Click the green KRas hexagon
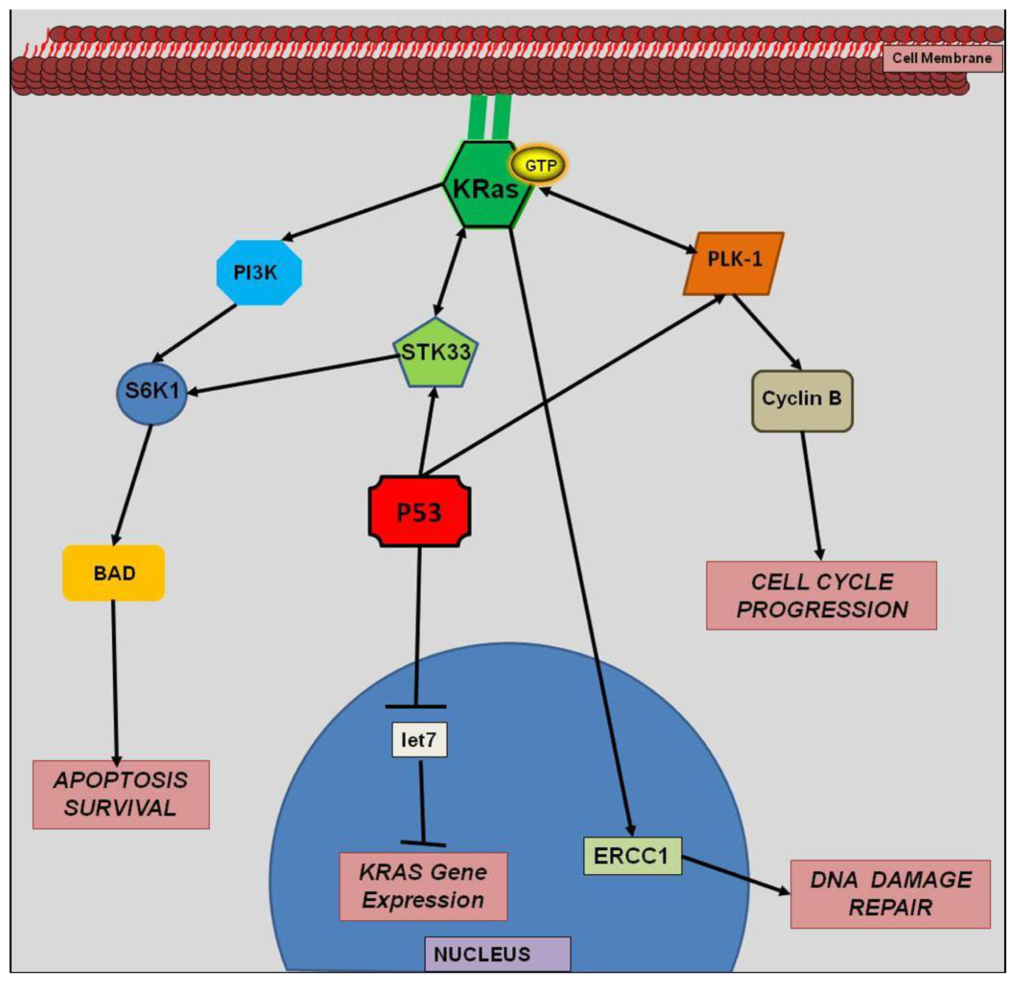click(487, 184)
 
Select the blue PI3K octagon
click(259, 273)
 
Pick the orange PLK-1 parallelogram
click(734, 264)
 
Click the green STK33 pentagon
click(435, 353)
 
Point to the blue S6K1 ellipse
click(151, 394)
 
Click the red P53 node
click(420, 511)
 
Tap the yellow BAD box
click(114, 573)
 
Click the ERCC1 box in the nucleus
click(632, 856)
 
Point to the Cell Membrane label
click(942, 58)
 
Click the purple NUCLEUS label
click(497, 955)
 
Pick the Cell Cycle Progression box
click(821, 596)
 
